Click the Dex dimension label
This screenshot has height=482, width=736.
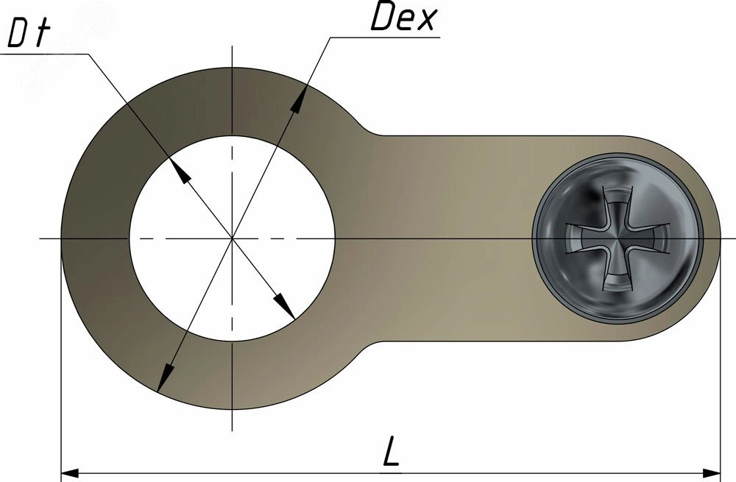(x=403, y=18)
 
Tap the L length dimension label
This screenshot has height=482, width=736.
(x=391, y=451)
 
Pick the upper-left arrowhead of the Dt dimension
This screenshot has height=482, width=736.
(x=180, y=171)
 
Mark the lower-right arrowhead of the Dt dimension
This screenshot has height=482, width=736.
(x=284, y=306)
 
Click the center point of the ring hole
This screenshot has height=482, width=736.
(x=232, y=238)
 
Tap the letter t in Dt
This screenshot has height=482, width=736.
(x=43, y=34)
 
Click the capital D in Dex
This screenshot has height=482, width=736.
(x=381, y=18)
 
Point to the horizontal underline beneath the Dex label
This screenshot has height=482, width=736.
(x=385, y=37)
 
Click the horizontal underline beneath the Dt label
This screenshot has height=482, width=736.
(x=45, y=54)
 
